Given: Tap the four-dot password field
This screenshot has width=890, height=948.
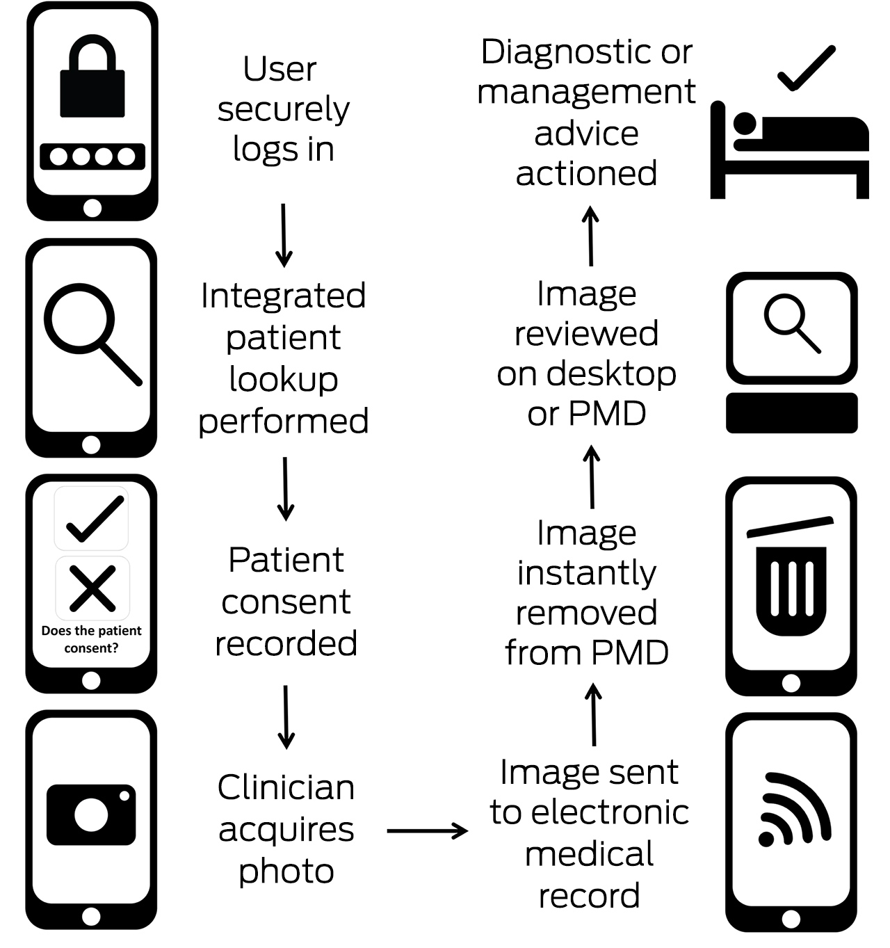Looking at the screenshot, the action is pos(92,156).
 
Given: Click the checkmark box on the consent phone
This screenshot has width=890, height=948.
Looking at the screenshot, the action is pos(91,519).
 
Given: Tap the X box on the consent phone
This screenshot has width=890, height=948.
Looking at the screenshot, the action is pos(92,588).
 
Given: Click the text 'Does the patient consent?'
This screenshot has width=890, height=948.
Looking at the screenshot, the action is pos(91,639).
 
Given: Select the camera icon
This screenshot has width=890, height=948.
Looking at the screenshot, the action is pos(91,814).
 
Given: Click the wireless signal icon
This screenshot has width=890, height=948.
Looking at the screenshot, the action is pos(794,809).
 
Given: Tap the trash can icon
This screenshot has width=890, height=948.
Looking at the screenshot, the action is pos(791,577).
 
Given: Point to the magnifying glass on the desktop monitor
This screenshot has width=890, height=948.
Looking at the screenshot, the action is pos(792,323).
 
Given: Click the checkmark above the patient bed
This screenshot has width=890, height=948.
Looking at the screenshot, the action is pos(807,67).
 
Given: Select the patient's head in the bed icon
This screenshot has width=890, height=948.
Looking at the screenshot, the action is pos(745,124).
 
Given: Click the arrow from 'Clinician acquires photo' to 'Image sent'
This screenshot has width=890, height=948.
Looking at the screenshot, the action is pos(427,831).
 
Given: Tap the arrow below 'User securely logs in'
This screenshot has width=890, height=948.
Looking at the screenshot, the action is pos(284,235).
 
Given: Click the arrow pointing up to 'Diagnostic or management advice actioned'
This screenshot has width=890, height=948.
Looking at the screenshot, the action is pos(590,236).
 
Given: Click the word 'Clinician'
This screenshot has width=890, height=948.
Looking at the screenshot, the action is pos(286,787).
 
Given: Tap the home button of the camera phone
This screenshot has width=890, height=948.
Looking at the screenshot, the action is pos(91,917).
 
